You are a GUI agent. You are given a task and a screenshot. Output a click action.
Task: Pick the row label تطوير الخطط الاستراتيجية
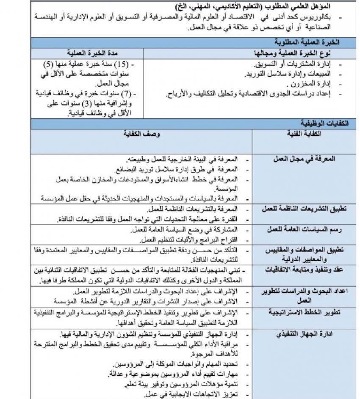[305, 312]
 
